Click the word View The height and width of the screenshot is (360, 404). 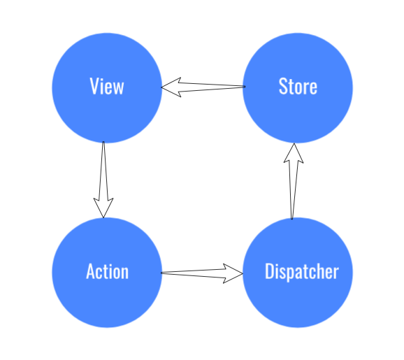(x=107, y=86)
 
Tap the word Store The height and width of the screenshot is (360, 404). (x=298, y=86)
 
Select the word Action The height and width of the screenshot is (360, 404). (x=107, y=271)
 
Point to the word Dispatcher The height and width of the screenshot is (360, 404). (x=302, y=272)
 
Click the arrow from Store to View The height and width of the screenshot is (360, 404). (x=203, y=87)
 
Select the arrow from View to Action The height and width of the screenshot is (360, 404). (x=103, y=180)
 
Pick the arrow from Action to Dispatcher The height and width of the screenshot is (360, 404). (x=202, y=273)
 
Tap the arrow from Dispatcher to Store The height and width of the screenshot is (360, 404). (x=293, y=181)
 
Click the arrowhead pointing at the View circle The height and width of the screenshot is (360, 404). (x=171, y=87)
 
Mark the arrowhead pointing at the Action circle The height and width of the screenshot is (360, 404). (x=103, y=208)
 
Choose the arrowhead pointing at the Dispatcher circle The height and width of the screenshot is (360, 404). (x=233, y=273)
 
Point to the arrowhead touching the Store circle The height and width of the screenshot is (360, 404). (x=294, y=153)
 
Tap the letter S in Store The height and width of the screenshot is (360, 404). (x=283, y=86)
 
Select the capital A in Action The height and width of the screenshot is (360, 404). (x=91, y=271)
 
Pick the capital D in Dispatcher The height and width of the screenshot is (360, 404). (x=270, y=271)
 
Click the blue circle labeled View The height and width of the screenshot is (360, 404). (x=107, y=88)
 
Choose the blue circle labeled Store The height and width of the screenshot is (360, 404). (x=298, y=88)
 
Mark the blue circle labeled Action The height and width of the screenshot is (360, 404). (x=107, y=273)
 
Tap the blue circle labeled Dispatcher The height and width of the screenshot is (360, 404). (x=298, y=273)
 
